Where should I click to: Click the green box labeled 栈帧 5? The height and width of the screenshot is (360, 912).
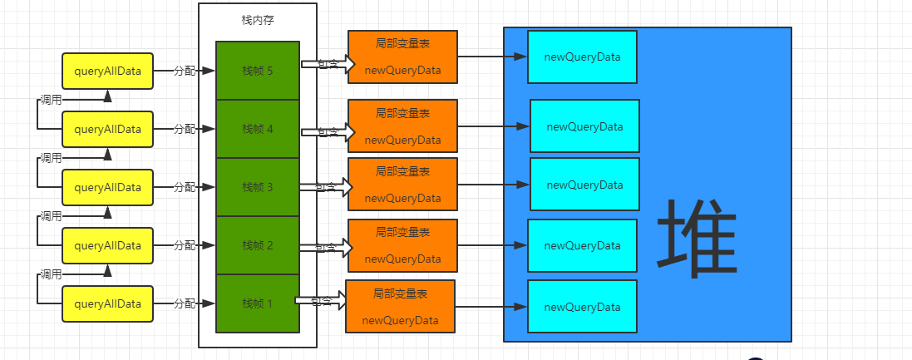(257, 71)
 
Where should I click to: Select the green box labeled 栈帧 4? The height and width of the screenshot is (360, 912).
(257, 129)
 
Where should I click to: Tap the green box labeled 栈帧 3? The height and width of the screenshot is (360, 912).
(257, 187)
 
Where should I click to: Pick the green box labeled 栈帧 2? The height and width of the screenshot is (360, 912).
(257, 245)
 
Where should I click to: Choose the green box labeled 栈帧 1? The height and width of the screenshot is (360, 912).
(257, 303)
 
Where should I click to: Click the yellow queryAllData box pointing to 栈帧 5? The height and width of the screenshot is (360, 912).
(107, 72)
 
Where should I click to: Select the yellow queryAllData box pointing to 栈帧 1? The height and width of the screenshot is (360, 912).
(107, 304)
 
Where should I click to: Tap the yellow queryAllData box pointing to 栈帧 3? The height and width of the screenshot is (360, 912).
(107, 188)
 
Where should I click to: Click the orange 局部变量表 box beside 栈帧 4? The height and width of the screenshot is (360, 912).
(402, 126)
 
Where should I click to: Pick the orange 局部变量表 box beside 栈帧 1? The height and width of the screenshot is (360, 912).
(400, 307)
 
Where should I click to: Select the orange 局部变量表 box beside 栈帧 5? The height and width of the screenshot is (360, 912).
(402, 57)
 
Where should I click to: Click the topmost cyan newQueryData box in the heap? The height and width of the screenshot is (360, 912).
(582, 57)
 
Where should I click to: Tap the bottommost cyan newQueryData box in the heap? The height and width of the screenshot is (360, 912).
(582, 307)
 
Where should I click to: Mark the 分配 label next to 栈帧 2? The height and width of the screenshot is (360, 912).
(184, 246)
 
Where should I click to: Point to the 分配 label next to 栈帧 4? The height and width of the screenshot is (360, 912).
(184, 130)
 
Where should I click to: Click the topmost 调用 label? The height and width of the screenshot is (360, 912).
(51, 100)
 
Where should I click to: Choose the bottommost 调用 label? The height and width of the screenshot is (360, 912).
(51, 274)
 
